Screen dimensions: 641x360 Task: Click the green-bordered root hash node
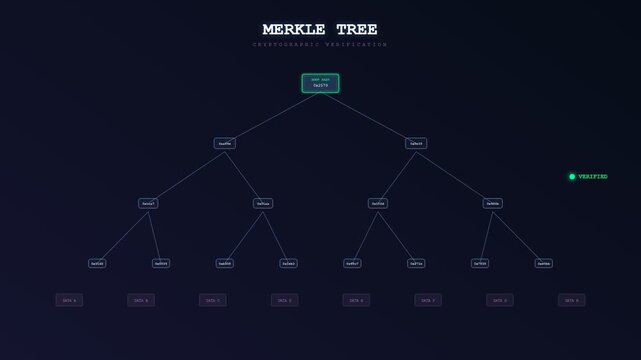[320, 83]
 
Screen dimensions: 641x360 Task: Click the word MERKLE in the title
[293, 30]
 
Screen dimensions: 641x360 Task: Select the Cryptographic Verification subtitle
[320, 45]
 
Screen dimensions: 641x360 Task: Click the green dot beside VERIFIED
[572, 176]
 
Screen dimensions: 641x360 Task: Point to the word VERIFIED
[593, 176]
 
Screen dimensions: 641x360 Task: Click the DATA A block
[68, 300]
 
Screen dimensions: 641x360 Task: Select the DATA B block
[140, 300]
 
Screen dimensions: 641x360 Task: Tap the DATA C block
[212, 300]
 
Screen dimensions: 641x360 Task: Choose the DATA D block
[284, 300]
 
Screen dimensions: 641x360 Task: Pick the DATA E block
[356, 300]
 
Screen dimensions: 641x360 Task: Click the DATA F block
[428, 300]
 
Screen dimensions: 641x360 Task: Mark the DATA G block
[500, 300]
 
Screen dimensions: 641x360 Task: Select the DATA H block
[572, 300]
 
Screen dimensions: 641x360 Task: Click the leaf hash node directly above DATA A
[96, 263]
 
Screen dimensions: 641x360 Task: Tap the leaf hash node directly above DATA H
[544, 263]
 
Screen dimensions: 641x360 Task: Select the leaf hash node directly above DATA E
[352, 263]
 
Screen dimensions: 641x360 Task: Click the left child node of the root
[224, 143]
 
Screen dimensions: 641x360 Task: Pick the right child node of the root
[416, 143]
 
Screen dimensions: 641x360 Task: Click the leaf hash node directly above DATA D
[288, 263]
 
